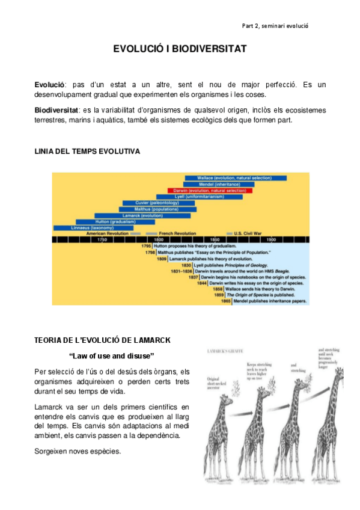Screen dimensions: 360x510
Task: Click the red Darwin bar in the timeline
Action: pos(210,191)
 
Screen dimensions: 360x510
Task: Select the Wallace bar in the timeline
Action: pos(235,178)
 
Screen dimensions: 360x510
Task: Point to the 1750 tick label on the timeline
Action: pos(102,240)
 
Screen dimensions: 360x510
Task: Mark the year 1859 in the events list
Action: pos(219,295)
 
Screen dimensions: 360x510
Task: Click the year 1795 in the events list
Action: pos(146,247)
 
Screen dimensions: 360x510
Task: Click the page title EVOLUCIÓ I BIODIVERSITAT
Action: pos(180,49)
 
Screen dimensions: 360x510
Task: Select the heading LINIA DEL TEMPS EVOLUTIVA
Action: pos(87,152)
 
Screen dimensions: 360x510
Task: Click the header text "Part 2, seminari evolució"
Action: pos(275,26)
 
